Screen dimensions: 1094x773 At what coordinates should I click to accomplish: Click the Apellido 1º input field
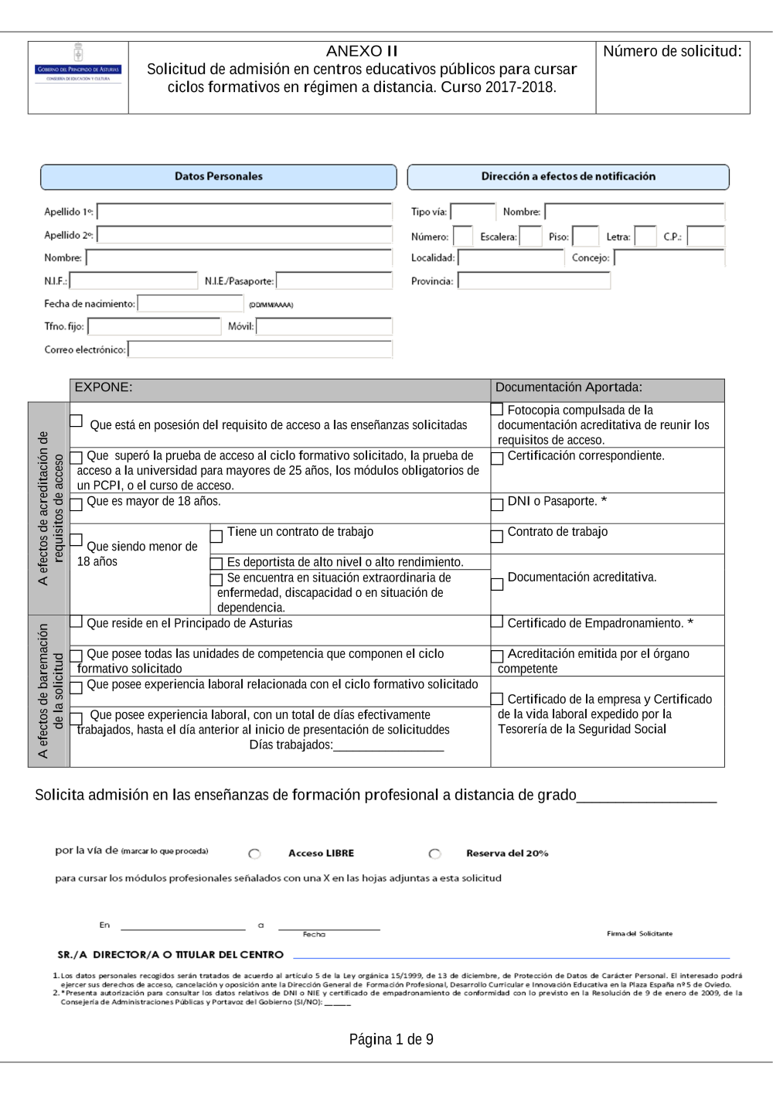click(244, 212)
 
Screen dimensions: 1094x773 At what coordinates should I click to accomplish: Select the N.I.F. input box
click(134, 281)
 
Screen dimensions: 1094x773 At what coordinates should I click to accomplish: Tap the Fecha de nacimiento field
click(190, 304)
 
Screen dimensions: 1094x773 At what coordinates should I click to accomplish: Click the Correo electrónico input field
click(261, 349)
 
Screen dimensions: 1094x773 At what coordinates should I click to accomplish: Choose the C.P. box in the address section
click(706, 237)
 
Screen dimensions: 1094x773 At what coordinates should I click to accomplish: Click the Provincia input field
click(534, 281)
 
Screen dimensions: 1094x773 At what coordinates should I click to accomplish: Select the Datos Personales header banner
click(219, 177)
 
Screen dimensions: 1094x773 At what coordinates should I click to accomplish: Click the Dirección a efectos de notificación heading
click(568, 177)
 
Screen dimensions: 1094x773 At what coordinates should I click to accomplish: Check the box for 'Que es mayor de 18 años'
click(77, 504)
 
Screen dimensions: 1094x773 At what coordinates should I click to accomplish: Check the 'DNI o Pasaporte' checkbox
click(497, 504)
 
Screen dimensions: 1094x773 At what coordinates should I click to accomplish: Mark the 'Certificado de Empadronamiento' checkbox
click(497, 622)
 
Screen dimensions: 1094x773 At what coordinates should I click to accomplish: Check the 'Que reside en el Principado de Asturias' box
click(77, 622)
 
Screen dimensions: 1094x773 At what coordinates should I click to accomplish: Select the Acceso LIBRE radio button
click(254, 854)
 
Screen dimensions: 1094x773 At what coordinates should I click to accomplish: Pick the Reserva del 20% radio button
click(435, 854)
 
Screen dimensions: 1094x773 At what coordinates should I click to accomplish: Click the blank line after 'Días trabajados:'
click(389, 746)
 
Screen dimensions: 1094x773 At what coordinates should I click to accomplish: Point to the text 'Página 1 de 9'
click(391, 1039)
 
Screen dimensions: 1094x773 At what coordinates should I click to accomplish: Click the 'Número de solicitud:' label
click(672, 52)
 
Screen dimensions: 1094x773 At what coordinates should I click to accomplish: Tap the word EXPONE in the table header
click(104, 387)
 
